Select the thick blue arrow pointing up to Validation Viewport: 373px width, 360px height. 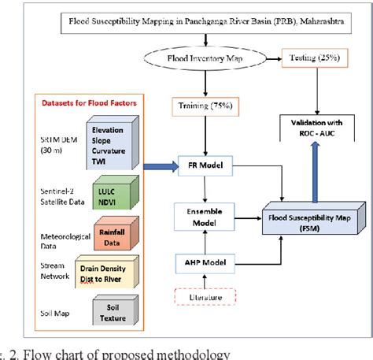click(312, 173)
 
